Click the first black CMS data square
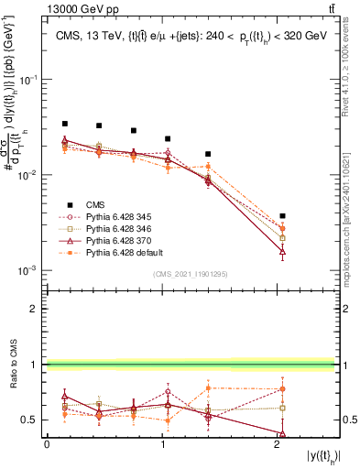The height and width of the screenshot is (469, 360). [x=65, y=124]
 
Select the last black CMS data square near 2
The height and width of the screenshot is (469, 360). [x=283, y=216]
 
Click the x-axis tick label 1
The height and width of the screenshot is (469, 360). [x=163, y=444]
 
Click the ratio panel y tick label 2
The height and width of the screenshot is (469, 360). [x=34, y=310]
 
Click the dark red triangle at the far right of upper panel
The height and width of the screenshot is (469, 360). [x=283, y=250]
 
